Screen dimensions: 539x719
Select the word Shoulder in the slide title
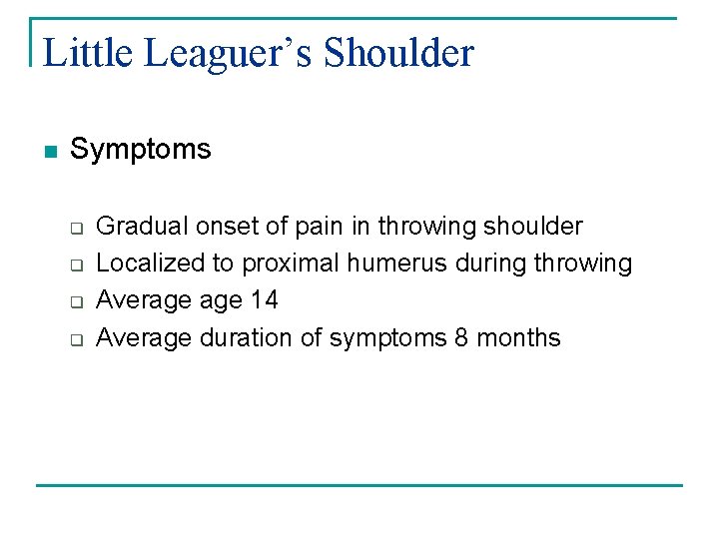[399, 53]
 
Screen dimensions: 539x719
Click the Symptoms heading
[141, 150]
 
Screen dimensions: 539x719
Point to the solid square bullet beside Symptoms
[50, 152]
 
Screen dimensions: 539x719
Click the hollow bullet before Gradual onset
[75, 228]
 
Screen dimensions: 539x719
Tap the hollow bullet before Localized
[75, 265]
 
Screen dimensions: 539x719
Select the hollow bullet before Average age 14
[75, 301]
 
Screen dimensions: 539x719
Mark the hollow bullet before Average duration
[75, 339]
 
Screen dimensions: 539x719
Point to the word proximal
[291, 264]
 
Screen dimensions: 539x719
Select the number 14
[264, 300]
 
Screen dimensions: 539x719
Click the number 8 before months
[460, 337]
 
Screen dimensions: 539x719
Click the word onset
[226, 227]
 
